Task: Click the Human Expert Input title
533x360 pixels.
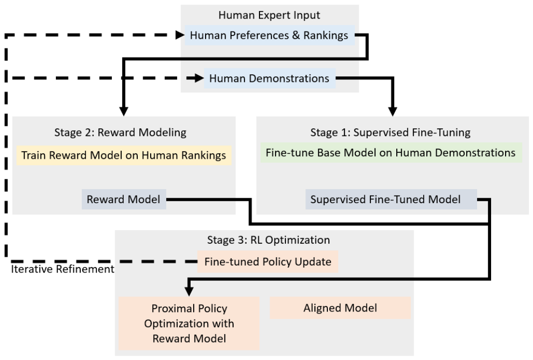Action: (x=269, y=15)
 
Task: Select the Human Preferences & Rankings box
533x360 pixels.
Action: (x=269, y=35)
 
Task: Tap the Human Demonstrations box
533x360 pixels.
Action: (x=269, y=78)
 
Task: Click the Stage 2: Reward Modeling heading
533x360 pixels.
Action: (x=120, y=132)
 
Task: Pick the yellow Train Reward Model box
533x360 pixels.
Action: (x=124, y=155)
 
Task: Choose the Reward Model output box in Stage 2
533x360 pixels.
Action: (x=124, y=199)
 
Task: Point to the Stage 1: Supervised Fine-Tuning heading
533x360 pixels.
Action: (x=390, y=132)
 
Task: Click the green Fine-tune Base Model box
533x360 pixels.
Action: (x=391, y=153)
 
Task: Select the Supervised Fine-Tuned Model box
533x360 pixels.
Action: (x=391, y=199)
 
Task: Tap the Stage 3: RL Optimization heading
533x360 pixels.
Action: (x=268, y=240)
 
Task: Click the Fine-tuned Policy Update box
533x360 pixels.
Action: (x=268, y=262)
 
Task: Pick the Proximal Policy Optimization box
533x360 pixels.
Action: (x=189, y=323)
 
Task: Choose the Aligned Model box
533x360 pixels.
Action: (x=340, y=308)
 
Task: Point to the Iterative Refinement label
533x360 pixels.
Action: (x=63, y=269)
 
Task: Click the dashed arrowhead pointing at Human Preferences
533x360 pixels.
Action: (x=180, y=34)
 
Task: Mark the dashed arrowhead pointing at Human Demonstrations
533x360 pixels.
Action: (x=200, y=78)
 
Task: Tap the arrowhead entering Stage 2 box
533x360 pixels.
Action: (x=124, y=111)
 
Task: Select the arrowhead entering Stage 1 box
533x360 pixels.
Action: (x=393, y=111)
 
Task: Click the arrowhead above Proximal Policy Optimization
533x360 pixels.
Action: (x=189, y=291)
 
